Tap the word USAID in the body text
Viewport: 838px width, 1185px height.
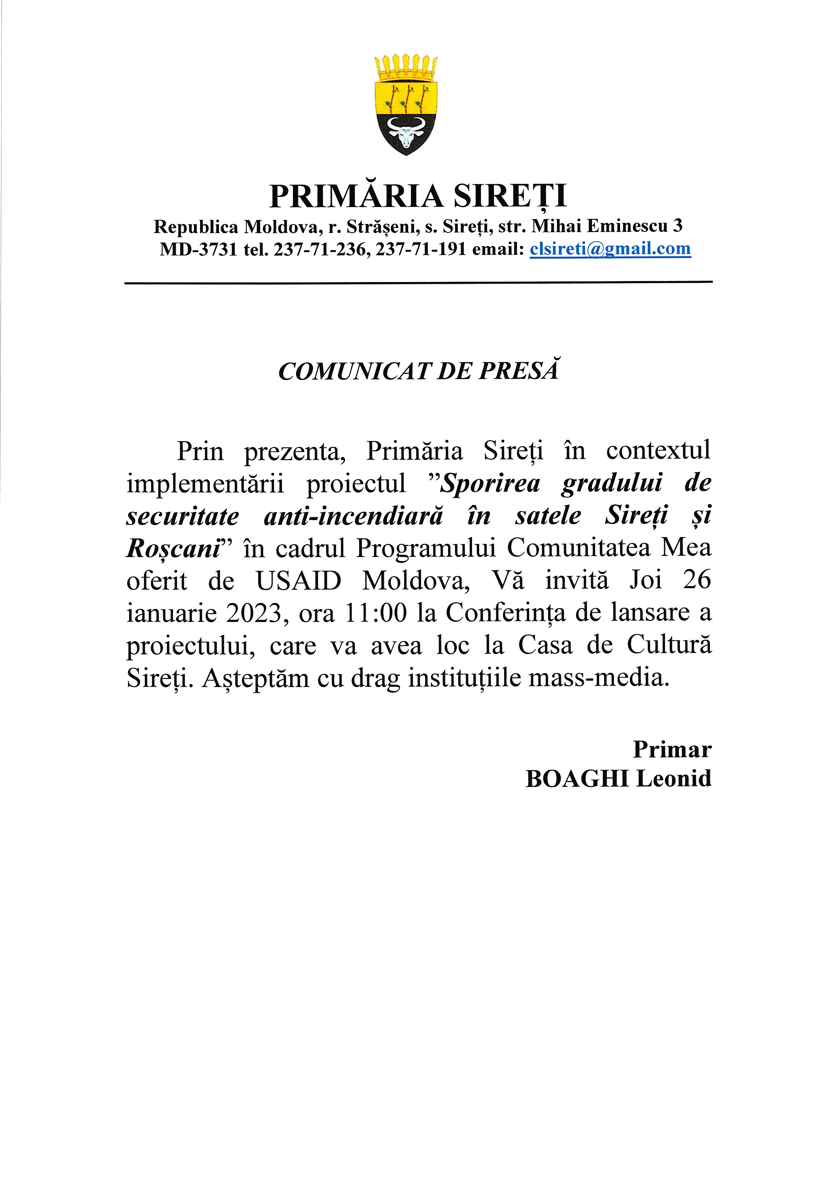pos(298,580)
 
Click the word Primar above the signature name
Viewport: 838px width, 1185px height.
pos(672,749)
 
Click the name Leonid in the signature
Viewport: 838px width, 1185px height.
pos(674,778)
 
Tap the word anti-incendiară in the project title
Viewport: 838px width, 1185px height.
pos(353,515)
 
